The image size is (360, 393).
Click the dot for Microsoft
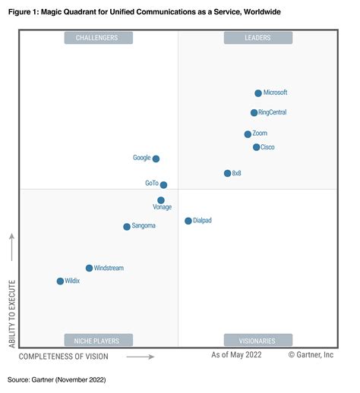tap(258, 93)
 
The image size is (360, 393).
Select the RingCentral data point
tap(254, 113)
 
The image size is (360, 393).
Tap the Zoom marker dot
tap(248, 134)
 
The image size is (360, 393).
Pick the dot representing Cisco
tap(256, 147)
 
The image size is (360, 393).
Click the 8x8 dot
tap(227, 174)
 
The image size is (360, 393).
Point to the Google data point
tap(156, 159)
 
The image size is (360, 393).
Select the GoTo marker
tap(163, 184)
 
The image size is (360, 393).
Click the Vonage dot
tap(161, 200)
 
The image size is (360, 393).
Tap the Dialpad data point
tap(188, 221)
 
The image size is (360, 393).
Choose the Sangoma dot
tap(127, 227)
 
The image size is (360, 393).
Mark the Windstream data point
tap(89, 268)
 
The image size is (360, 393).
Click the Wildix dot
tap(60, 281)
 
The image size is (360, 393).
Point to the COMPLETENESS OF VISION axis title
tap(63, 356)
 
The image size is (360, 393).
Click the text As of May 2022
tap(237, 355)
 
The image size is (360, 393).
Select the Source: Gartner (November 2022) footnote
tap(57, 379)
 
